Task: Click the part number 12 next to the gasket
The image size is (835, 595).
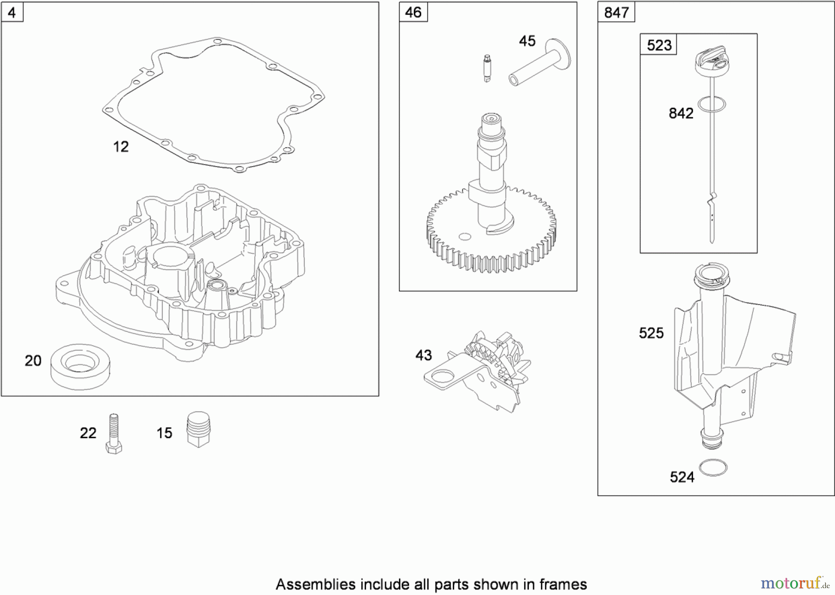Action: [121, 147]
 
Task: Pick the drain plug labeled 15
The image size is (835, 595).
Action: [199, 429]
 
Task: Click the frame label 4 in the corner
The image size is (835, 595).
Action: [12, 13]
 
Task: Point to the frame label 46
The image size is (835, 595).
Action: [413, 13]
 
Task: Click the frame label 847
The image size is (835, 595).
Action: [616, 13]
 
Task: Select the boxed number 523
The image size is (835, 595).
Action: [659, 45]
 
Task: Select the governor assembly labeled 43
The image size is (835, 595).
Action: [482, 371]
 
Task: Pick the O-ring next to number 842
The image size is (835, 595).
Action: [712, 104]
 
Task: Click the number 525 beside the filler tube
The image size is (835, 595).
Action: [651, 333]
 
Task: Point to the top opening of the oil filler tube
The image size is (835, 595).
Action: [708, 275]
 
